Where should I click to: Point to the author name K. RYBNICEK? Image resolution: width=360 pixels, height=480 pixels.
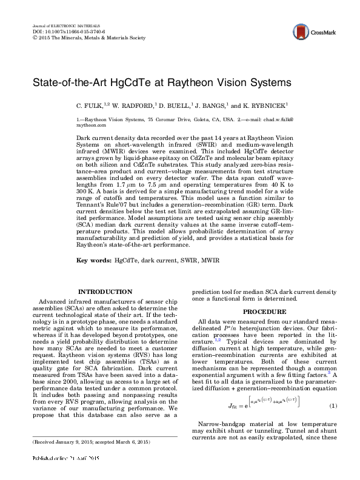[x=264, y=105]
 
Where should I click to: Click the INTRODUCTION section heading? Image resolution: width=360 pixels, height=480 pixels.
[x=105, y=292]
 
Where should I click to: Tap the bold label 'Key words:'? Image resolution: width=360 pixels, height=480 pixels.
[x=93, y=260]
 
